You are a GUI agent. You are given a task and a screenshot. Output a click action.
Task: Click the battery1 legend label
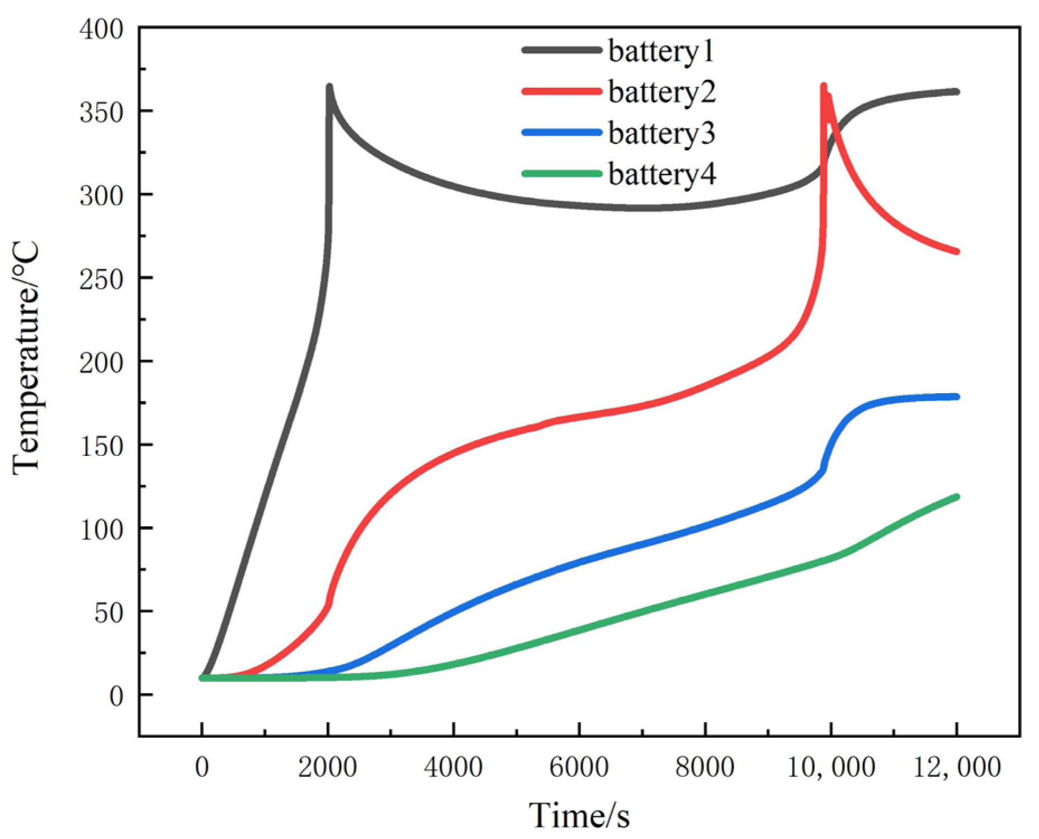coord(661,51)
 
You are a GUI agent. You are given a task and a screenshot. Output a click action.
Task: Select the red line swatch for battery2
coord(561,91)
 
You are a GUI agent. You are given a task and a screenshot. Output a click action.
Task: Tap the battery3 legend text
coord(662,133)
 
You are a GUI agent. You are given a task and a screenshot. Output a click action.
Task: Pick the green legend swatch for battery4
coord(561,174)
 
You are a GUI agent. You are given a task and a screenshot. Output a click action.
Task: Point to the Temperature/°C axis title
coord(27,358)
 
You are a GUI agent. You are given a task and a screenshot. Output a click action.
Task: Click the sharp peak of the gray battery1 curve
coord(329,87)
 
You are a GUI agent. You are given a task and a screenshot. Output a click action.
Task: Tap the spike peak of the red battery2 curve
coord(824,86)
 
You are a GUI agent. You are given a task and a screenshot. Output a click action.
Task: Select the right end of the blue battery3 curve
coord(956,397)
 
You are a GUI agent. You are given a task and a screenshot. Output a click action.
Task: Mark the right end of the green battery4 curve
coord(956,497)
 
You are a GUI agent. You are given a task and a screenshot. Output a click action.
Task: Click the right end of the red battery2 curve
coord(956,252)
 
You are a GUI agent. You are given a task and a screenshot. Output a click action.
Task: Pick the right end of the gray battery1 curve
coord(956,92)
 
